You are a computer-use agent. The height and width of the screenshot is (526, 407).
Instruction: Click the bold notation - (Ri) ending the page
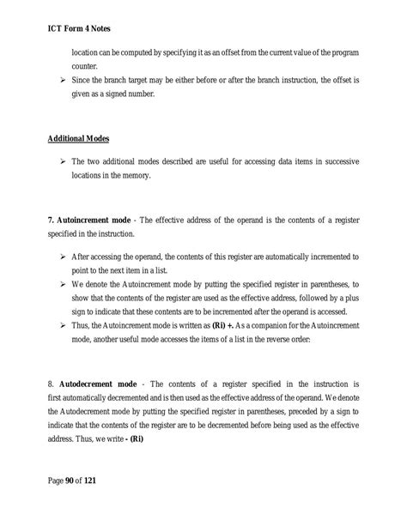(x=153, y=440)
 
